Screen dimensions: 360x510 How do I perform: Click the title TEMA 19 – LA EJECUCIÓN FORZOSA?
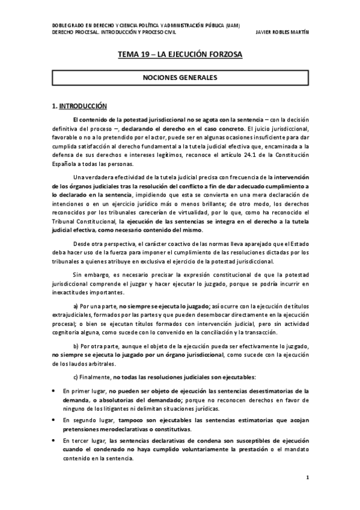pyautogui.click(x=180, y=55)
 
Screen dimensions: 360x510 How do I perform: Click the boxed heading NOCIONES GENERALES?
pyautogui.click(x=180, y=78)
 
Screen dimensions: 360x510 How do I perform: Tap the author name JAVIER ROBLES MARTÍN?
pyautogui.click(x=281, y=32)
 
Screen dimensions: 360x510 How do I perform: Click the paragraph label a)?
pyautogui.click(x=76, y=307)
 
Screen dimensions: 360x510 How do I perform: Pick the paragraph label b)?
pyautogui.click(x=76, y=347)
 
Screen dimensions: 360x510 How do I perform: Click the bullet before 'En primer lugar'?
pyautogui.click(x=55, y=391)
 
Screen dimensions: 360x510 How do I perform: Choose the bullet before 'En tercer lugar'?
pyautogui.click(x=55, y=440)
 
